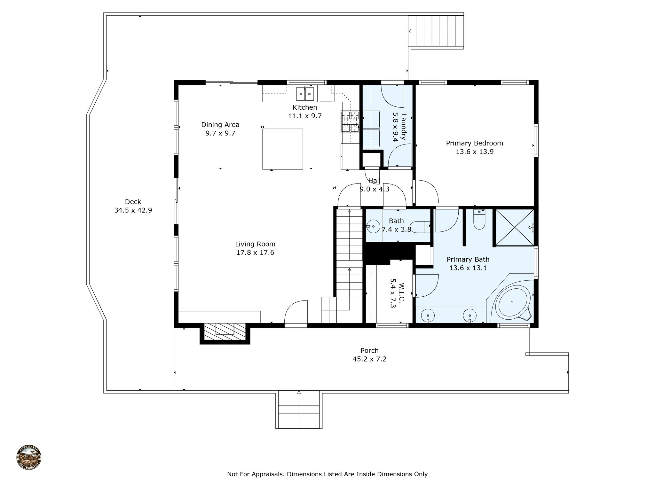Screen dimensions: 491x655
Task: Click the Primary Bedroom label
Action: [474, 143]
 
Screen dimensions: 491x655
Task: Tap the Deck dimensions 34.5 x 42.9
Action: [133, 210]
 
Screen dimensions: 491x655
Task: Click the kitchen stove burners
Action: [351, 121]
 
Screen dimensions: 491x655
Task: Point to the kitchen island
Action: [283, 149]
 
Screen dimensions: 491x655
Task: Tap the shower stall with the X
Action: [514, 228]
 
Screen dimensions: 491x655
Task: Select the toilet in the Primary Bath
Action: [479, 221]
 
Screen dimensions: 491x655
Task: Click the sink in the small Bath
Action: [373, 226]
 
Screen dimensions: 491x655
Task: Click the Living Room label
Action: [255, 244]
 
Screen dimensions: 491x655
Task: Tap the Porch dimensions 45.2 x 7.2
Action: [369, 359]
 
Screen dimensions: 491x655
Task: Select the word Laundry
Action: [404, 127]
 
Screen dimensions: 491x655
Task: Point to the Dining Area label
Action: [220, 125]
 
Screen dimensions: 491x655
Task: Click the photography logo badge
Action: [29, 458]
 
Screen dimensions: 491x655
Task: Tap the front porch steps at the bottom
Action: [299, 410]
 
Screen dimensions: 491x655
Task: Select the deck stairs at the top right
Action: [436, 31]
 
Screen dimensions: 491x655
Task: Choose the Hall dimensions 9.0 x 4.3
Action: [375, 189]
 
